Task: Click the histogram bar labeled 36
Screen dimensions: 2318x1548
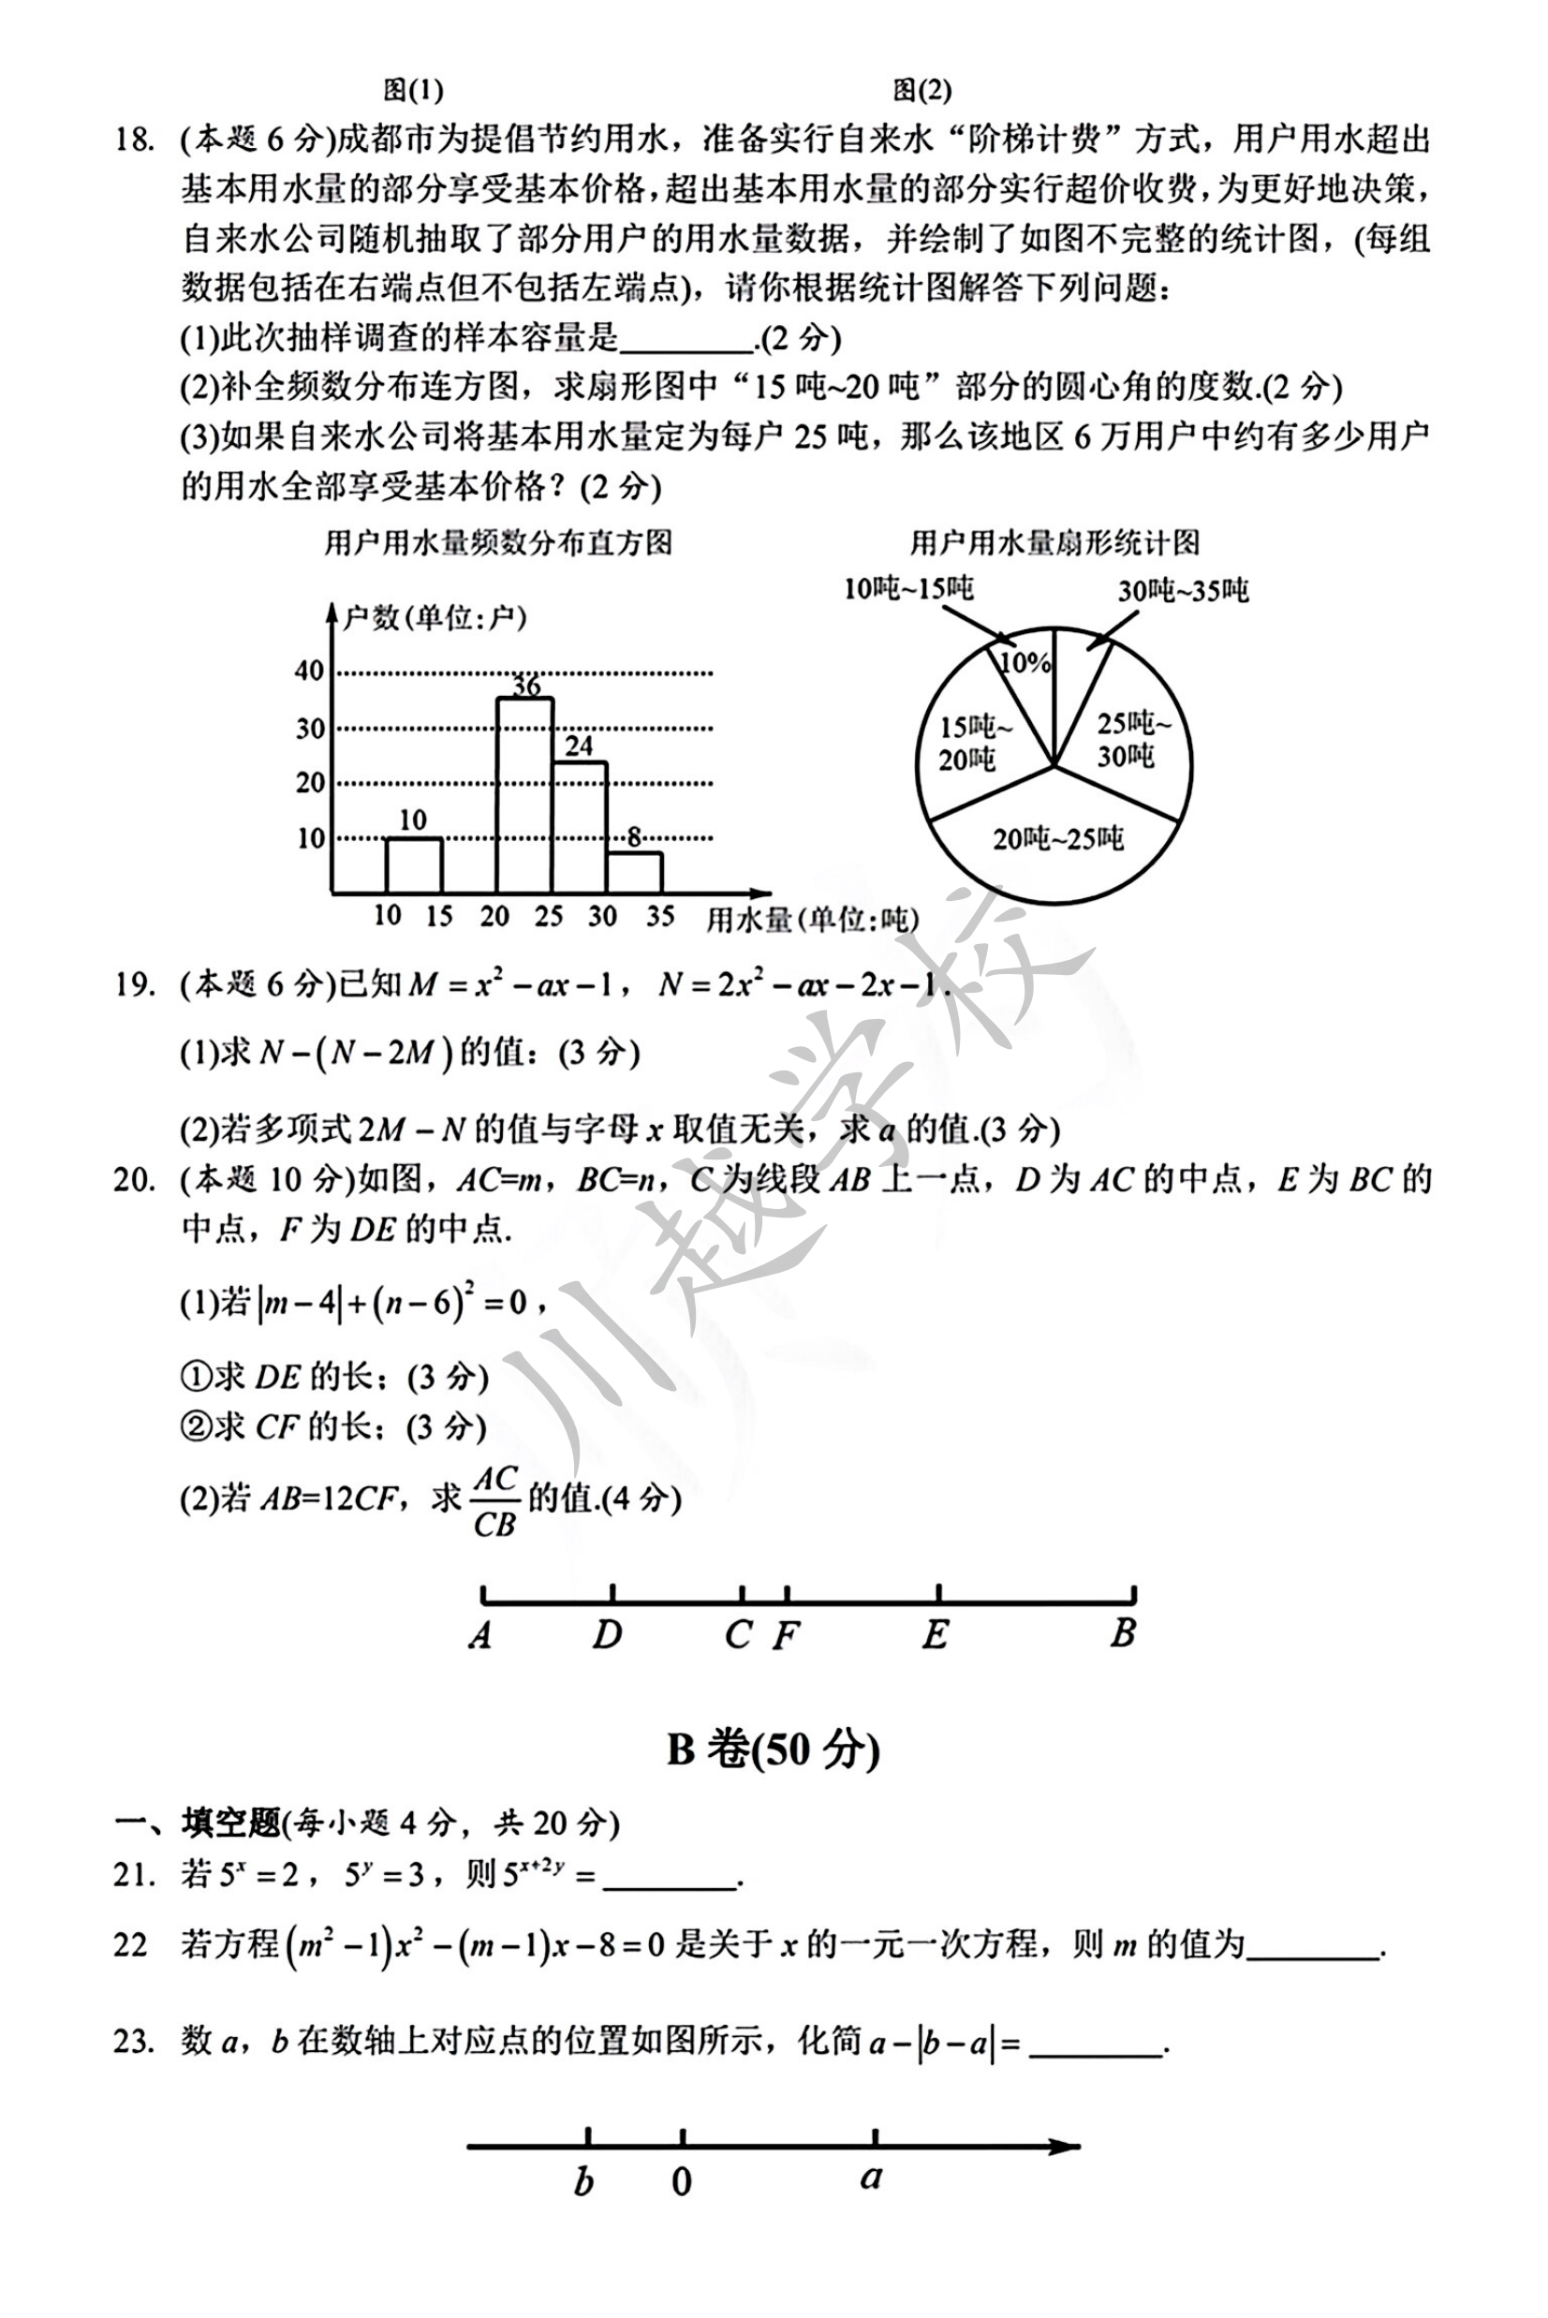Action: (524, 795)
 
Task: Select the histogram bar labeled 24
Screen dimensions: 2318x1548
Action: (580, 827)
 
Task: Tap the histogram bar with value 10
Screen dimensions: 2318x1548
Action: (414, 865)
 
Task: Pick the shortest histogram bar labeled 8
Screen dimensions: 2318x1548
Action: (635, 873)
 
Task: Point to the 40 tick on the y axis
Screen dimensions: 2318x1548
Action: (309, 672)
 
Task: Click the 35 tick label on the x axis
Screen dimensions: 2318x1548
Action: (660, 916)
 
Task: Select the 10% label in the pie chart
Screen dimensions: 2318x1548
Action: (1025, 662)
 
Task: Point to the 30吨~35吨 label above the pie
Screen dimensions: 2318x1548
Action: (1183, 591)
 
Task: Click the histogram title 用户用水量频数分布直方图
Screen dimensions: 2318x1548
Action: (498, 542)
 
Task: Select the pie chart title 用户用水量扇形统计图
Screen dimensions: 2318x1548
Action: (1054, 542)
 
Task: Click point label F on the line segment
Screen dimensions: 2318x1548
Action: (785, 1637)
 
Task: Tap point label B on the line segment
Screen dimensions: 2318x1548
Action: (1123, 1634)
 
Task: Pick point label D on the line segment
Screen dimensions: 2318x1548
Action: (607, 1636)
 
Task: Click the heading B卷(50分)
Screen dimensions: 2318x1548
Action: (773, 1750)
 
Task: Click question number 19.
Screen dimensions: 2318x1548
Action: (133, 984)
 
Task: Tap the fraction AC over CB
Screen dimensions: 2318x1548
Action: (494, 1501)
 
